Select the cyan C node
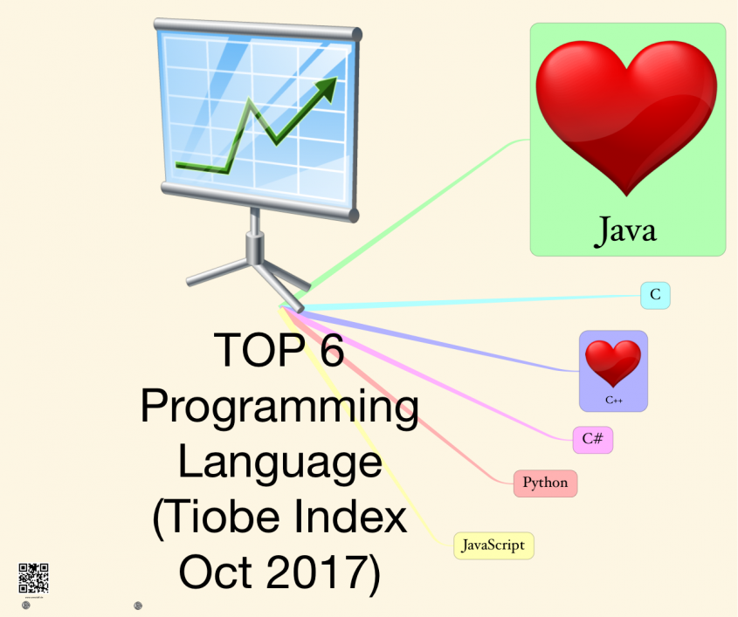(x=655, y=296)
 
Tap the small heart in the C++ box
(x=612, y=363)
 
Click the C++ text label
(x=613, y=400)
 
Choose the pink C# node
(x=592, y=439)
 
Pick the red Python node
(x=545, y=483)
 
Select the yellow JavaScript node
(x=493, y=545)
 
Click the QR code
(x=33, y=579)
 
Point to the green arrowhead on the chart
(x=327, y=87)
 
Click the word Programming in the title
(x=279, y=408)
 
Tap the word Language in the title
(x=279, y=463)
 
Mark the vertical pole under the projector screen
(x=255, y=234)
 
